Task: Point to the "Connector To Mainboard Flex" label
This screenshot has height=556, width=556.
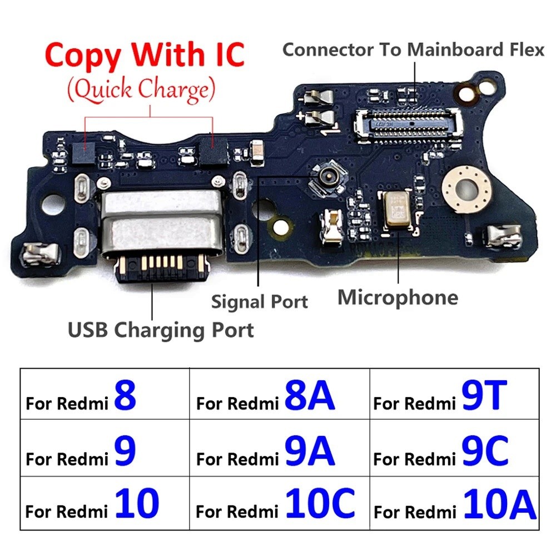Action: [x=413, y=49]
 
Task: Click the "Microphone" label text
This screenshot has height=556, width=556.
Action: [x=398, y=297]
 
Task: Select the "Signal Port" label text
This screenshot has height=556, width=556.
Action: [x=259, y=302]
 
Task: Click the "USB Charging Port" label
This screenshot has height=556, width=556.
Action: [x=161, y=330]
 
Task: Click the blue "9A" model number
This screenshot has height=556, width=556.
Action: [x=309, y=451]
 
